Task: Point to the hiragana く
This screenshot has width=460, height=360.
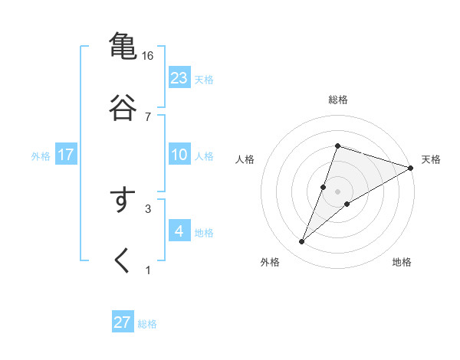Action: pyautogui.click(x=123, y=260)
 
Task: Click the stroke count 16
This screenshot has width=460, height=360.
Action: pyautogui.click(x=147, y=56)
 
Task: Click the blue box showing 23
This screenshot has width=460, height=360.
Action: pyautogui.click(x=179, y=78)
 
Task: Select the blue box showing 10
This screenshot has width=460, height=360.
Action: pyautogui.click(x=179, y=155)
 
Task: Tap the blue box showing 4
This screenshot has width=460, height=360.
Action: pyautogui.click(x=179, y=231)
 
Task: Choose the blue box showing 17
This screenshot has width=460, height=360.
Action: pyautogui.click(x=66, y=155)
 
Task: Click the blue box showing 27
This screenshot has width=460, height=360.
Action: pyautogui.click(x=123, y=322)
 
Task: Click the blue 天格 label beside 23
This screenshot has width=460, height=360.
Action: pyautogui.click(x=204, y=80)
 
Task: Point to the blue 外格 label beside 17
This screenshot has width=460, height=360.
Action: pyautogui.click(x=41, y=156)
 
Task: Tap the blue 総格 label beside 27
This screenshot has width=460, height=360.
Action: pyautogui.click(x=147, y=324)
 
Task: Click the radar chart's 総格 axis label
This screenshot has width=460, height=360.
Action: pyautogui.click(x=337, y=100)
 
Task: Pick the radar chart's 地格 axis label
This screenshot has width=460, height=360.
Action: pyautogui.click(x=402, y=262)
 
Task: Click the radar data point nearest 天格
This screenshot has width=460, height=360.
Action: pyautogui.click(x=410, y=169)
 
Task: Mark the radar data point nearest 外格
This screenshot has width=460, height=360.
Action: pyautogui.click(x=302, y=242)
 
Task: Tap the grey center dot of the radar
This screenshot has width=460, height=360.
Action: pyautogui.click(x=337, y=191)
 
